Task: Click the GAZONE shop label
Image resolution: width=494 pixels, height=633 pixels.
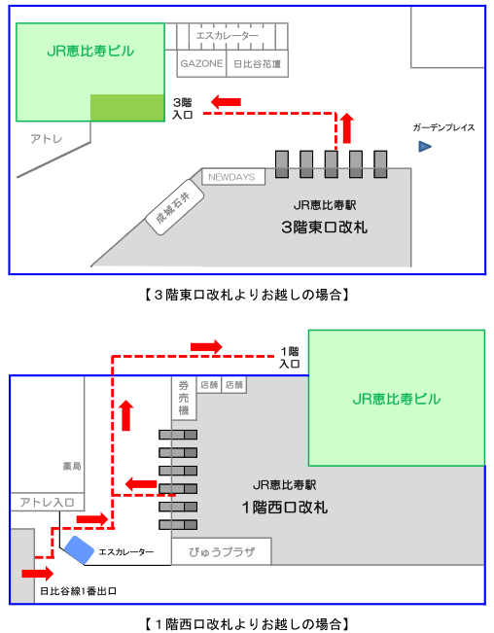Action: (x=201, y=63)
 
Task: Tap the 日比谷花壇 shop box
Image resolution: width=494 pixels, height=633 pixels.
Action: (x=258, y=64)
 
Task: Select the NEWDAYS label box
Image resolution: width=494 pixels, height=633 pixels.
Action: (x=233, y=177)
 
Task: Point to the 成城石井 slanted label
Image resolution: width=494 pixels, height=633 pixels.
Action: (x=174, y=207)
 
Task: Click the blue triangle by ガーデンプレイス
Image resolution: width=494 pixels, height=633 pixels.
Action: (x=425, y=146)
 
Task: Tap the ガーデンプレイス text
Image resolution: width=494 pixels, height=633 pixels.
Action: (x=443, y=127)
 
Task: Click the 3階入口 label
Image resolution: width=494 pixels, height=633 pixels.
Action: (x=183, y=108)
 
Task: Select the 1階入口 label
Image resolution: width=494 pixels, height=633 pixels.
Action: (x=290, y=357)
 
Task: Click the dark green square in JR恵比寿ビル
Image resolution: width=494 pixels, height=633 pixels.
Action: (x=127, y=108)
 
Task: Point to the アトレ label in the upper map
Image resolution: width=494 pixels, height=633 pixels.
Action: (x=47, y=139)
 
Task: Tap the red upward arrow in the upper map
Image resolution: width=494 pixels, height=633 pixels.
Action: (x=347, y=128)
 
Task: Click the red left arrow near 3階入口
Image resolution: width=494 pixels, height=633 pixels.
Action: (x=226, y=102)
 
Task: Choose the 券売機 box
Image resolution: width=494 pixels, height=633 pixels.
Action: (x=184, y=399)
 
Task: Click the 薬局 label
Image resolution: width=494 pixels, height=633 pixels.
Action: (x=72, y=467)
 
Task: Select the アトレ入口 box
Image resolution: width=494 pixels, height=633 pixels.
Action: (x=47, y=502)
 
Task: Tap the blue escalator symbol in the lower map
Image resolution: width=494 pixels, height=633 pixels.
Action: (x=79, y=549)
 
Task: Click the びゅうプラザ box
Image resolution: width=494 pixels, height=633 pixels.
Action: (x=222, y=551)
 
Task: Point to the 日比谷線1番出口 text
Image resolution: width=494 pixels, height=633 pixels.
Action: (x=79, y=591)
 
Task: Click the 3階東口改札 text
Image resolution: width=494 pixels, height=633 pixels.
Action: (x=325, y=228)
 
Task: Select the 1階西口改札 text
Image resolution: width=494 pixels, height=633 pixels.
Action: (x=285, y=507)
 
